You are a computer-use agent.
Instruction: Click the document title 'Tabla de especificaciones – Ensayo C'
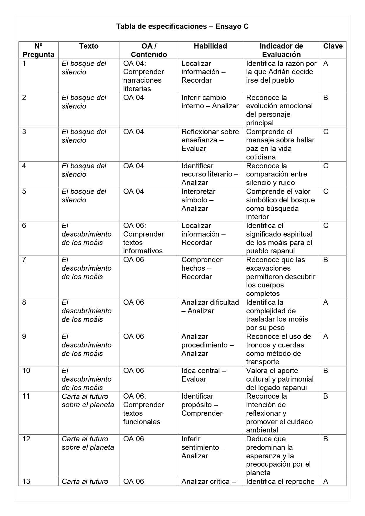click(x=182, y=26)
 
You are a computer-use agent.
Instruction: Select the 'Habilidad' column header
click(x=210, y=46)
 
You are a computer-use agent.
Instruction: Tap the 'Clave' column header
click(x=333, y=46)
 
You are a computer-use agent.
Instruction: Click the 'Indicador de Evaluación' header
click(x=281, y=50)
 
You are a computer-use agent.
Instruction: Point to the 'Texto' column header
click(x=89, y=46)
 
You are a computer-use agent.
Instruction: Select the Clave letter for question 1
click(x=326, y=64)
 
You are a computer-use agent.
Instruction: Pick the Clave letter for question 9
click(x=326, y=337)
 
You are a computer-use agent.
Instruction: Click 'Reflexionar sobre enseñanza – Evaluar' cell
click(x=210, y=140)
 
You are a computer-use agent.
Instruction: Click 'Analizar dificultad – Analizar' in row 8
click(x=210, y=307)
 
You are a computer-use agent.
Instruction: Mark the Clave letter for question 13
click(x=326, y=482)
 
